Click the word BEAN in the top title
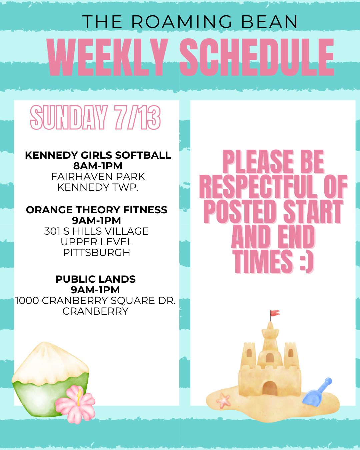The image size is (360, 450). click(269, 21)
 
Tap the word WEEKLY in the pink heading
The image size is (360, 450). click(107, 57)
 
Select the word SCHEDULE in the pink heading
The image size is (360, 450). click(257, 57)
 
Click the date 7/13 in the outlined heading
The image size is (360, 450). click(137, 117)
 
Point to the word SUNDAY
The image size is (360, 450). click(69, 117)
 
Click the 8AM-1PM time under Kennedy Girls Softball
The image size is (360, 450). click(98, 166)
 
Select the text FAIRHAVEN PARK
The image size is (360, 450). click(98, 177)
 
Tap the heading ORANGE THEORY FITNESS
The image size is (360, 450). click(97, 210)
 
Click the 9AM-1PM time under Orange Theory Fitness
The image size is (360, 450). click(96, 221)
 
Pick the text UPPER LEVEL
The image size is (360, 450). click(97, 242)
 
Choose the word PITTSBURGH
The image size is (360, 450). click(97, 253)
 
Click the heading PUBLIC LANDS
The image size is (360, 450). click(95, 279)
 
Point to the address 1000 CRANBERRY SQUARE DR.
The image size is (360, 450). click(95, 301)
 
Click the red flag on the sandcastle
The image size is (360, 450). click(274, 313)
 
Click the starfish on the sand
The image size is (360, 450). click(223, 400)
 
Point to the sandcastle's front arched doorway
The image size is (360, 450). click(270, 389)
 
